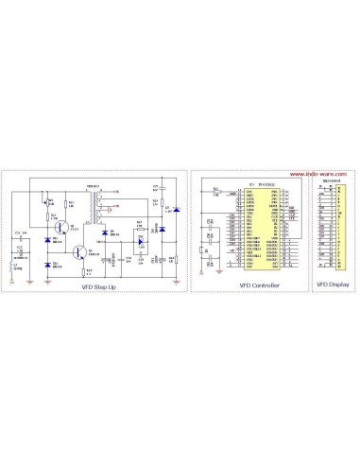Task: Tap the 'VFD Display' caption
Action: tap(333, 284)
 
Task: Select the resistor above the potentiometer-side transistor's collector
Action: tap(65, 202)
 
